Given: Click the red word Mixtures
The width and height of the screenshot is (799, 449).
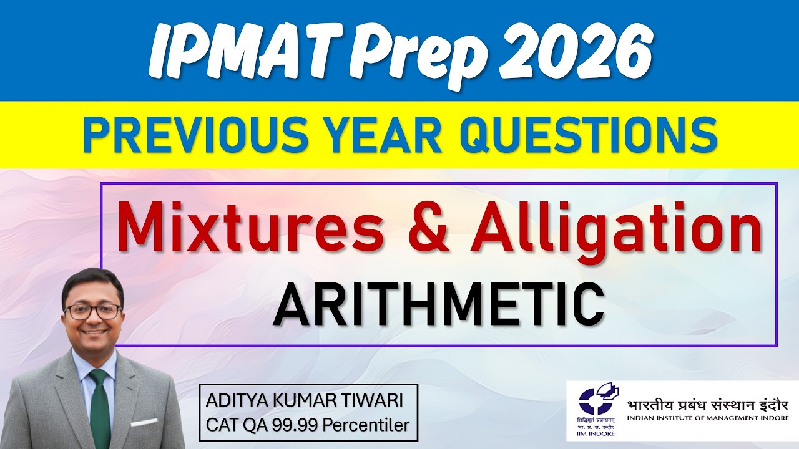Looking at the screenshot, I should pos(250,228).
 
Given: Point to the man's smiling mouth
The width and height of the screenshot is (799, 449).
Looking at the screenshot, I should pos(94,331).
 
